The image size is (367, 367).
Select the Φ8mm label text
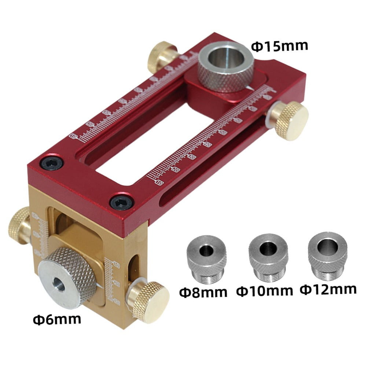point(203,293)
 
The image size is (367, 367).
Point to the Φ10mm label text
point(265,291)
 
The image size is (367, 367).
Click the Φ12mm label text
point(328,289)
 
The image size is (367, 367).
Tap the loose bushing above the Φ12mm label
point(327,253)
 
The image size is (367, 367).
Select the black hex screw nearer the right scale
point(121,202)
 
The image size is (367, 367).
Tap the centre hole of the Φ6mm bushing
point(58,284)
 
